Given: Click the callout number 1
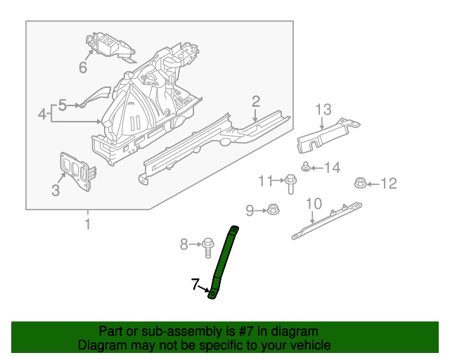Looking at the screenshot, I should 88,225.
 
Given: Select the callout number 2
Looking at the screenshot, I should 256,102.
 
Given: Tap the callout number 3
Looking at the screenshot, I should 56,189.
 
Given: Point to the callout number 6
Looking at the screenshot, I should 82,67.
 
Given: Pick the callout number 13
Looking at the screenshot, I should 323,110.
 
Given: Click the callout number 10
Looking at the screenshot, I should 314,204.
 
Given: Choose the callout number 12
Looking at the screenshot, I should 389,184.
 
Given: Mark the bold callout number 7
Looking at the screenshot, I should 196,284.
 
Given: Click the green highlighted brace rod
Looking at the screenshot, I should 224,260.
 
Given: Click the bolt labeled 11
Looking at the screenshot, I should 290,184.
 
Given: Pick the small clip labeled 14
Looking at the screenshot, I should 307,167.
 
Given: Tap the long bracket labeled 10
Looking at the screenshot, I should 328,219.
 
